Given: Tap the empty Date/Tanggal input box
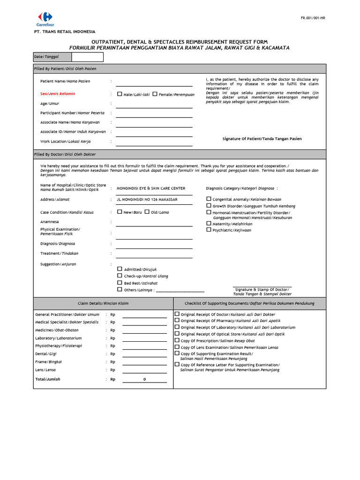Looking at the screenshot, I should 87,57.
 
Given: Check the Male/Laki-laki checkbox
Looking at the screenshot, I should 119,94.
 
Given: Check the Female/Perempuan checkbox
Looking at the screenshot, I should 155,94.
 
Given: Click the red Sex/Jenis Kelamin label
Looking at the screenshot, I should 58,94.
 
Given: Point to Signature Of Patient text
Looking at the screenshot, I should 262,139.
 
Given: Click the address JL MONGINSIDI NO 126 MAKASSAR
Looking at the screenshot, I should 147,199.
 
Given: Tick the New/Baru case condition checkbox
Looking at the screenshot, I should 119,212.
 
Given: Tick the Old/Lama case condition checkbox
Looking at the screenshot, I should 147,212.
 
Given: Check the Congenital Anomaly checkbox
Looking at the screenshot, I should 209,199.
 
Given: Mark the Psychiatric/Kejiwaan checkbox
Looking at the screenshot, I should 209,230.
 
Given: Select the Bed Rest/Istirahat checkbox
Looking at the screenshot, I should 120,283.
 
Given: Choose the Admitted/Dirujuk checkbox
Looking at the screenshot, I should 120,269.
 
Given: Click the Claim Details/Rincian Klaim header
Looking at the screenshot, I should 103,303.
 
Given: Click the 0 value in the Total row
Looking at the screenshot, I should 145,379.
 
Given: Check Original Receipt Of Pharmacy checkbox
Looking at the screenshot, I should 177,321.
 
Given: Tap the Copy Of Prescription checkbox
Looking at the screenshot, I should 177,340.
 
